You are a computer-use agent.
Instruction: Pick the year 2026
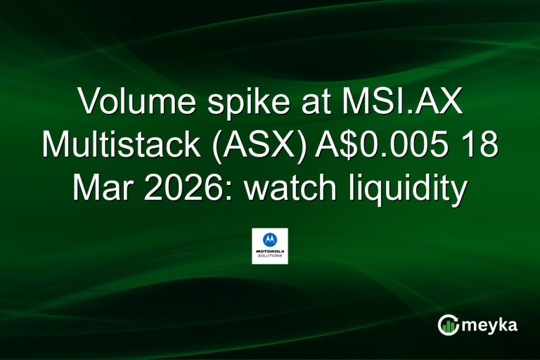(181, 188)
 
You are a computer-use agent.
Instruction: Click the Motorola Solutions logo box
(270, 245)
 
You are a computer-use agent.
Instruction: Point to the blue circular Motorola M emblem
(270, 239)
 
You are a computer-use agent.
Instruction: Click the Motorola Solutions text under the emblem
(270, 255)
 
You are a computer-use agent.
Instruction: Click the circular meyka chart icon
(448, 325)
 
